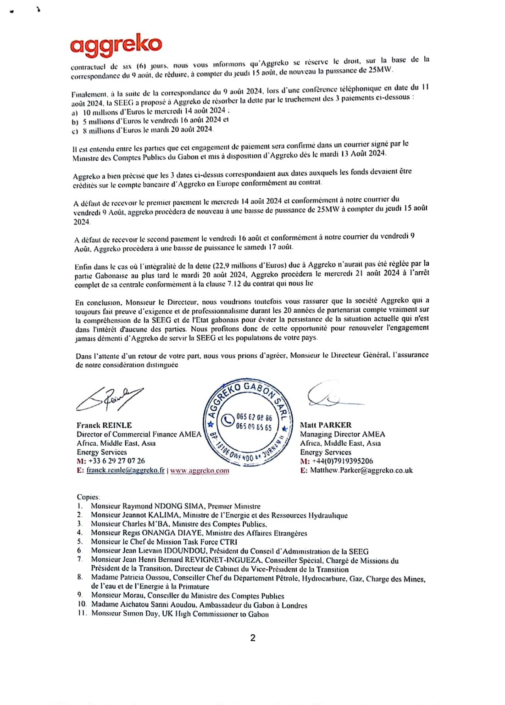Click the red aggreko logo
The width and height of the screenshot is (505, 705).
click(116, 45)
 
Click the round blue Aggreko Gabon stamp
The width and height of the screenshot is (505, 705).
click(248, 423)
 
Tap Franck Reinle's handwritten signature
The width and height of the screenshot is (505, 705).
click(109, 399)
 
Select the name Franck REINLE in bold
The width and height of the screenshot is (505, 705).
click(104, 425)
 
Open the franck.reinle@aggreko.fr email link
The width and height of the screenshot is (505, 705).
click(125, 470)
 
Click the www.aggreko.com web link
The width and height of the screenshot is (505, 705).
click(200, 470)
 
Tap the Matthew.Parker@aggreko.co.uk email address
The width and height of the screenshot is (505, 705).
click(361, 470)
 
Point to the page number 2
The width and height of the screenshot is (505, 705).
click(253, 638)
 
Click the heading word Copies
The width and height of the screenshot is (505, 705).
click(88, 497)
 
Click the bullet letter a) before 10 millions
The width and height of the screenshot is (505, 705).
click(75, 112)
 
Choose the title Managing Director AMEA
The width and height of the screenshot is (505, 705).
click(343, 434)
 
